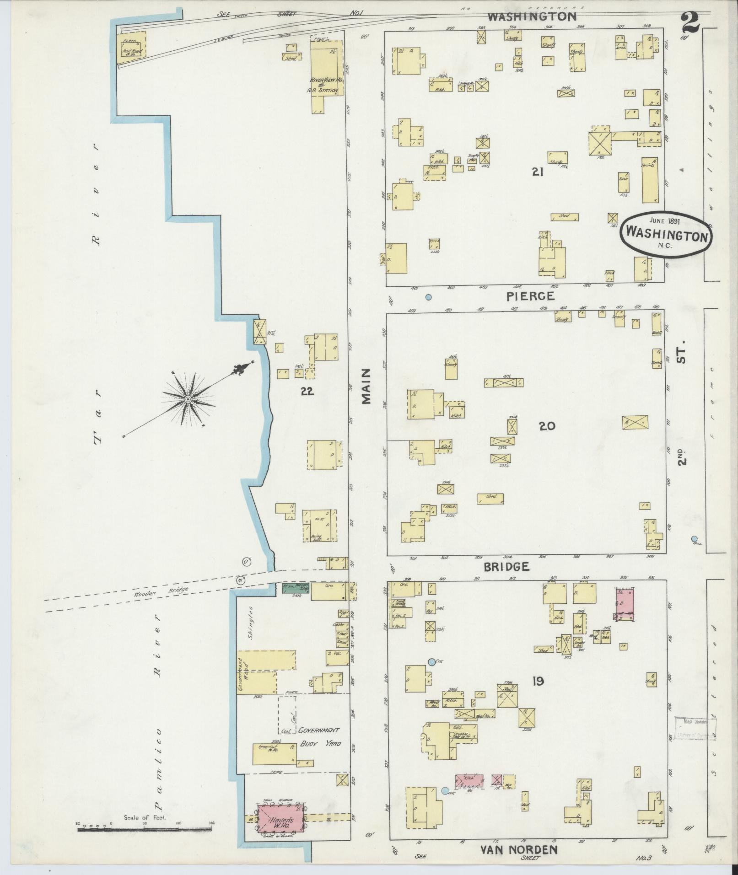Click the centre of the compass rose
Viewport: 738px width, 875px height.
(188, 399)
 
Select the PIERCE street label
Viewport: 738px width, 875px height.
(530, 296)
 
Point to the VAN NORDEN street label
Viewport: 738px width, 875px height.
(518, 849)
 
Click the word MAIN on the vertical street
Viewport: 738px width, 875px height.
(366, 387)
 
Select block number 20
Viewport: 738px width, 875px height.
(547, 426)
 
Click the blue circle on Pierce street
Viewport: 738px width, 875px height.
(428, 297)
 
